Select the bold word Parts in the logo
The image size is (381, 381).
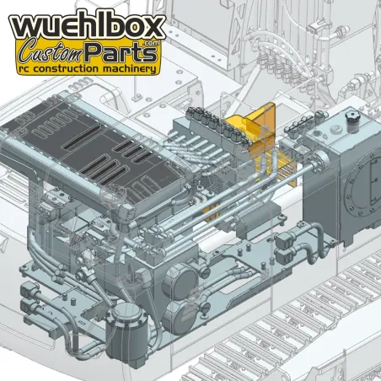click(121, 52)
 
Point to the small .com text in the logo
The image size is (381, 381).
click(152, 43)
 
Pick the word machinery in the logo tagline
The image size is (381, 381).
click(129, 69)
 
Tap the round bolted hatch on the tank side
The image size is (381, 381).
click(365, 182)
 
